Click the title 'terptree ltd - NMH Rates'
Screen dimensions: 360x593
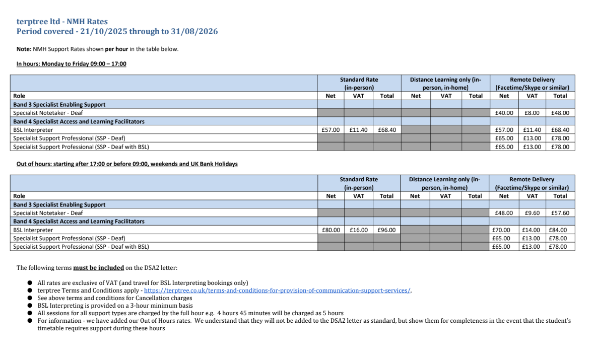pyautogui.click(x=62, y=22)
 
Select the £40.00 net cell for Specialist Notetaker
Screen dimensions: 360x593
pyautogui.click(x=503, y=113)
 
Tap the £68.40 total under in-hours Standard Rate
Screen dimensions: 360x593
pyautogui.click(x=386, y=130)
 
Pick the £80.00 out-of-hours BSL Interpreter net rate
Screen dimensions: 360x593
pyautogui.click(x=331, y=230)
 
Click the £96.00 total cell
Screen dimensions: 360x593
pyautogui.click(x=386, y=230)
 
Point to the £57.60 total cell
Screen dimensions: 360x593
pyautogui.click(x=560, y=213)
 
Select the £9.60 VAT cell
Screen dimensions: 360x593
pyautogui.click(x=532, y=213)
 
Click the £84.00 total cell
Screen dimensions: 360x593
pyautogui.click(x=560, y=230)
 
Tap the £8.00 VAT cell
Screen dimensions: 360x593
pyautogui.click(x=532, y=113)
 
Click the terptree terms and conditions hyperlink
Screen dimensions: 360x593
pyautogui.click(x=278, y=291)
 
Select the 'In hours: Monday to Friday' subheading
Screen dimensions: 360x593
pyautogui.click(x=71, y=64)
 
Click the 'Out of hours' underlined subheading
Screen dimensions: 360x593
pyautogui.click(x=127, y=164)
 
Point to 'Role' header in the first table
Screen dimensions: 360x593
pyautogui.click(x=19, y=96)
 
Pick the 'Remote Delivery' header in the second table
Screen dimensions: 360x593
pyautogui.click(x=532, y=179)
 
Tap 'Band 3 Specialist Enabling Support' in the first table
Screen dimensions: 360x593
pyautogui.click(x=59, y=105)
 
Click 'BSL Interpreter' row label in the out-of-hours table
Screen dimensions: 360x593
pyautogui.click(x=33, y=230)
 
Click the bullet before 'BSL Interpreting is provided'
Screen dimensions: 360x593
pyautogui.click(x=30, y=306)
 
